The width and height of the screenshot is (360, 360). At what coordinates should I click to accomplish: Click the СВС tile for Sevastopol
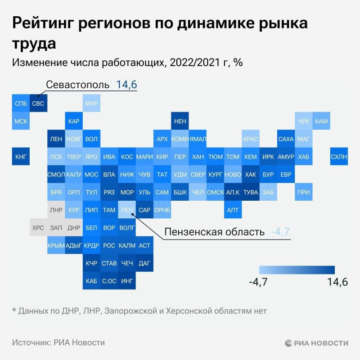[38, 103]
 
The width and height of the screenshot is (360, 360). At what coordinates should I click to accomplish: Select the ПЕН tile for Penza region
[127, 210]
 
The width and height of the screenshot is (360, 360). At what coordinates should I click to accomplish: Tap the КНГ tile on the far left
[21, 157]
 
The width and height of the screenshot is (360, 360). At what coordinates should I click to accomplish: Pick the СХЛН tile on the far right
[339, 157]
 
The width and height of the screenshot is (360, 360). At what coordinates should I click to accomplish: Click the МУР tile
[91, 103]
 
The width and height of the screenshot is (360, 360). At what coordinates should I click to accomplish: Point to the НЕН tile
[180, 121]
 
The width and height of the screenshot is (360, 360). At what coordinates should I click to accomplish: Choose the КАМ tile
[321, 121]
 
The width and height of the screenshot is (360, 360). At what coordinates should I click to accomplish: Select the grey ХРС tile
[38, 228]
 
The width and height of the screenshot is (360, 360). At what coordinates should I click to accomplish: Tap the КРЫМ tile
[56, 245]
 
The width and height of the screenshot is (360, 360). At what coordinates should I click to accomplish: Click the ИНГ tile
[127, 281]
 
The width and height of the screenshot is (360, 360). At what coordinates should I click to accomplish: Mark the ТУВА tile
[250, 192]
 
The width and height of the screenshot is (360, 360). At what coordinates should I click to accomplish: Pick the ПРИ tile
[303, 192]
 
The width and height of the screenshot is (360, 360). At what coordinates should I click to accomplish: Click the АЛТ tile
[233, 210]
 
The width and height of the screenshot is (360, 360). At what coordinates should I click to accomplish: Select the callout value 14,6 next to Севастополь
[126, 85]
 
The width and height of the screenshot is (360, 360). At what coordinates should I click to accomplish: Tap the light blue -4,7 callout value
[280, 232]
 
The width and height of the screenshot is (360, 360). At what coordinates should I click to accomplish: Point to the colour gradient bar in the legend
[297, 270]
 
